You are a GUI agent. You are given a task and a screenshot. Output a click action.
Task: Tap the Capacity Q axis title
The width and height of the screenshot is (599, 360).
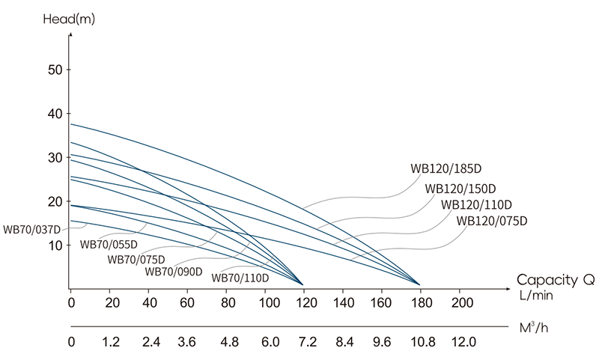click(556, 281)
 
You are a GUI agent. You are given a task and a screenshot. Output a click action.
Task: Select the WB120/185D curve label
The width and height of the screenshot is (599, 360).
click(446, 168)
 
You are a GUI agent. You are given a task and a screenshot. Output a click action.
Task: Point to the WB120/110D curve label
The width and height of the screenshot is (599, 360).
click(476, 204)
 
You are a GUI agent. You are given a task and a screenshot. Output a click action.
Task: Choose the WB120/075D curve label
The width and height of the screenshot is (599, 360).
click(492, 221)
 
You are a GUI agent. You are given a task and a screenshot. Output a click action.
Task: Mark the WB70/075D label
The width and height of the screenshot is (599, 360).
click(136, 259)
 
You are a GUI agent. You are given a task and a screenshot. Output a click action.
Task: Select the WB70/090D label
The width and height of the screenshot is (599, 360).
click(174, 271)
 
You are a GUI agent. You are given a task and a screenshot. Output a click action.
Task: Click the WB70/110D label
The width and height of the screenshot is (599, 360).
click(240, 277)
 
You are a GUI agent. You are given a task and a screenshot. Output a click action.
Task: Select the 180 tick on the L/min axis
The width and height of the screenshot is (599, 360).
click(421, 303)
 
